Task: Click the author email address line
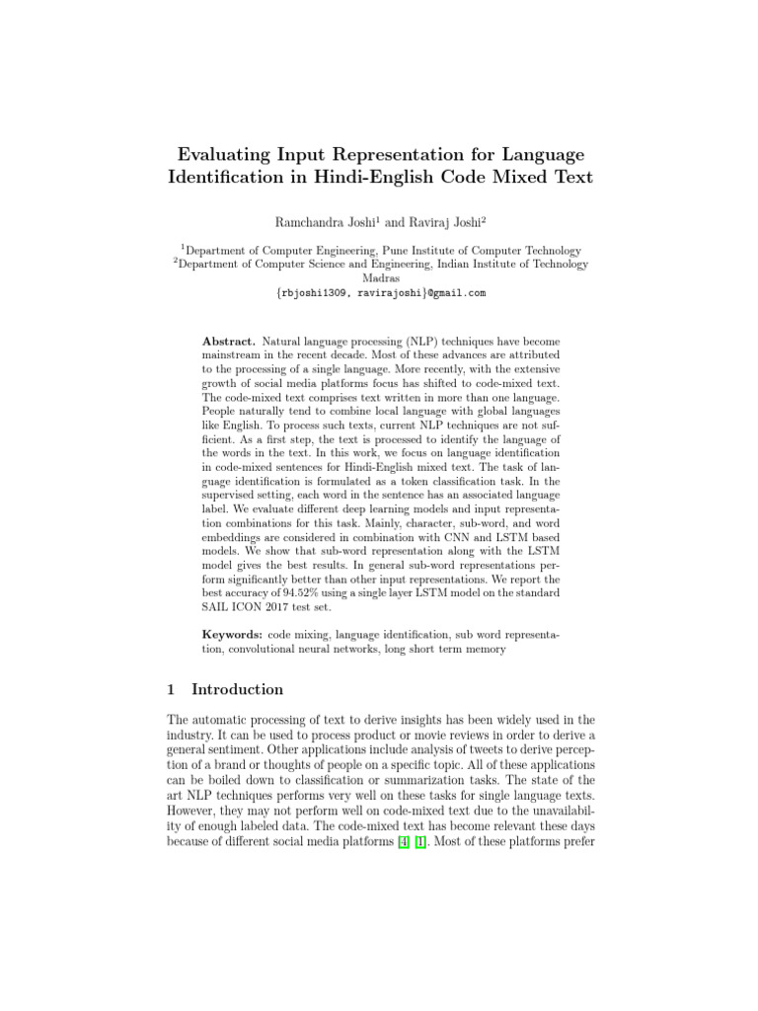(x=380, y=293)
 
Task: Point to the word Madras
(x=380, y=278)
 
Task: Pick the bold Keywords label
(x=232, y=631)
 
